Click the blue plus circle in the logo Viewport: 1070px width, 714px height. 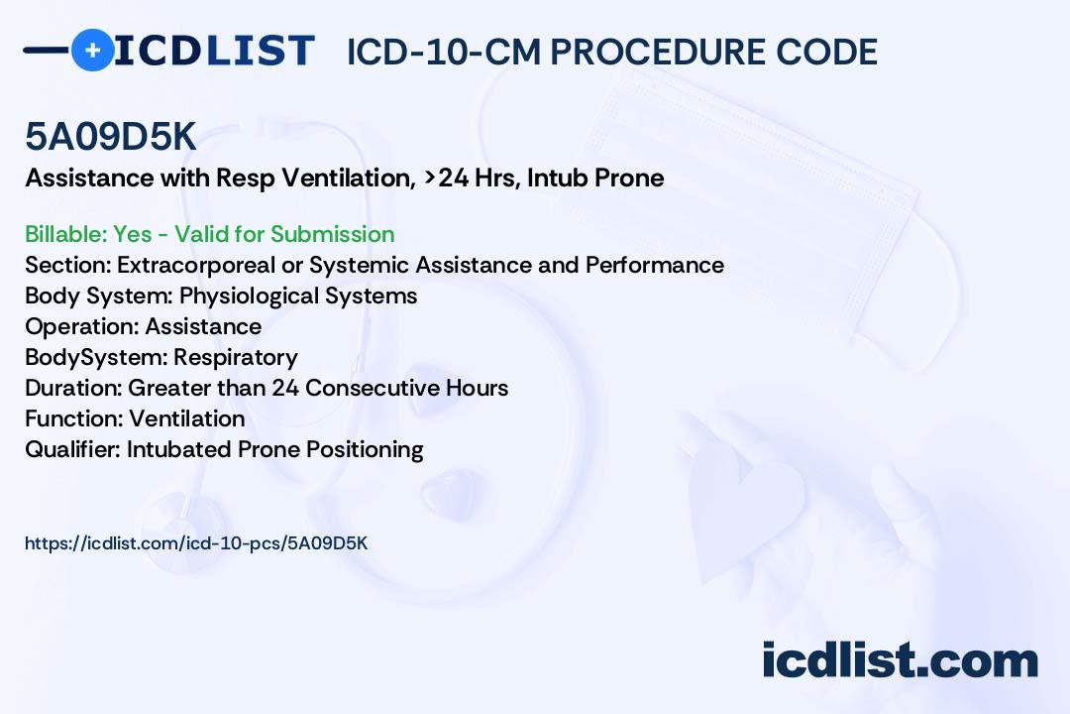(92, 50)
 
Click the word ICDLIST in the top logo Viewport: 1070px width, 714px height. (214, 50)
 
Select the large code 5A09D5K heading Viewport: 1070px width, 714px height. (111, 138)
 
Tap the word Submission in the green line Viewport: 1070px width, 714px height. (332, 234)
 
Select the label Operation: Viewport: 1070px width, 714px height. (82, 326)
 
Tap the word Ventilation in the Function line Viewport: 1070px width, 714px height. (187, 418)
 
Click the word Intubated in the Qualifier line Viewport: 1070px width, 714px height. (179, 449)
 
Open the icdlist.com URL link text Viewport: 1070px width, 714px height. (196, 543)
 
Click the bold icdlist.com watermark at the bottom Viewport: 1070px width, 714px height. (900, 660)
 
